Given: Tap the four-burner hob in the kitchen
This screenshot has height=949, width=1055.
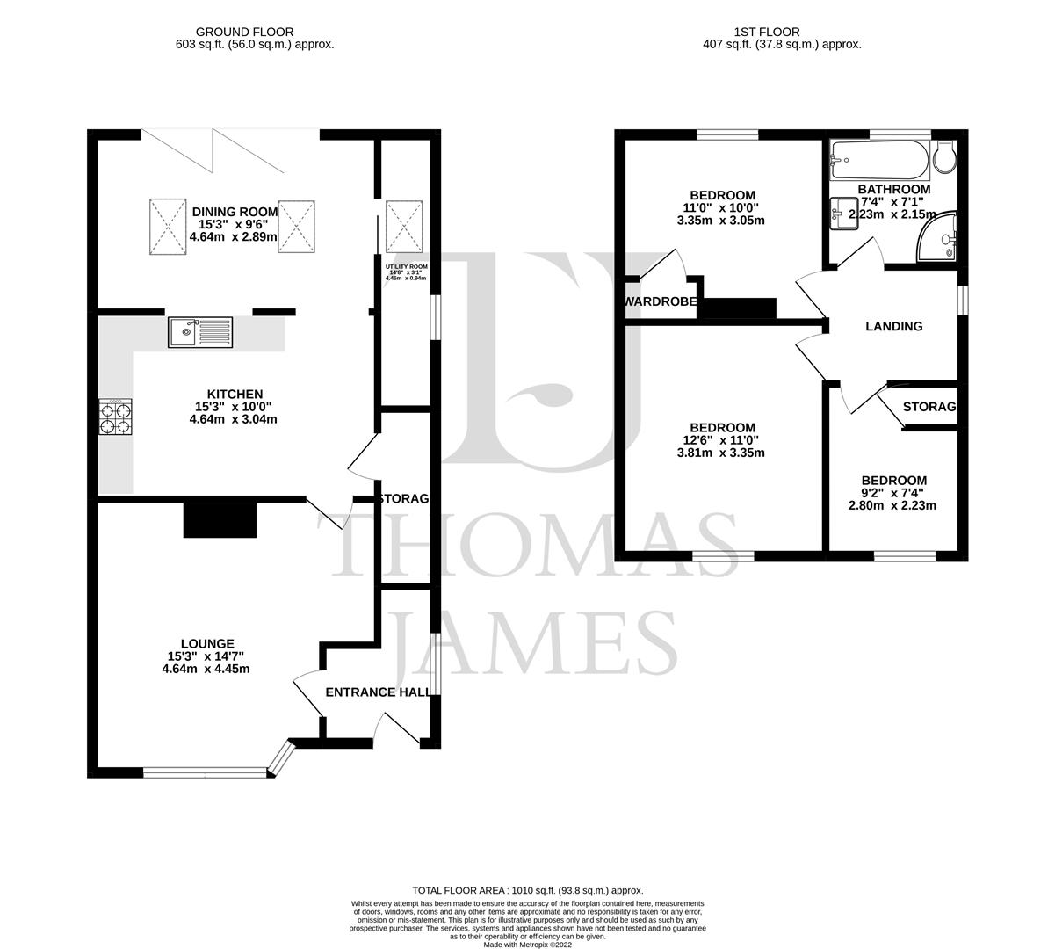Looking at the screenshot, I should [x=116, y=417].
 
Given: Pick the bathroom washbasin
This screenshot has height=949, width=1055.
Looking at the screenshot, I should [x=844, y=214].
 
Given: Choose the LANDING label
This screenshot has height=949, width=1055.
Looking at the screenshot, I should [x=894, y=326].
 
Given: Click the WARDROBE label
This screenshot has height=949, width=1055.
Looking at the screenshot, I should [x=661, y=302].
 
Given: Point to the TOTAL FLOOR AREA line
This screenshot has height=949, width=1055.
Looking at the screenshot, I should [x=527, y=890].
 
